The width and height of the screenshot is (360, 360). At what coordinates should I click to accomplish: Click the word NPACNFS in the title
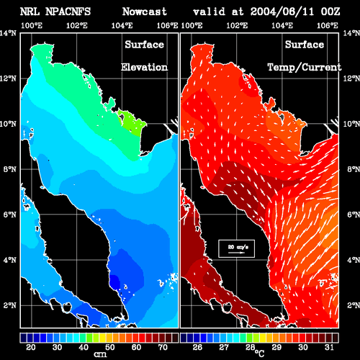(68, 12)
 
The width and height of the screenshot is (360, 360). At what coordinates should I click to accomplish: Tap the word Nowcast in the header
(145, 12)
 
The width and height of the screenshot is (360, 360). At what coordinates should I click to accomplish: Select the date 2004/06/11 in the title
(282, 12)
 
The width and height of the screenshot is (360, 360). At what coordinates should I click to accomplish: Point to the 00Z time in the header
(330, 12)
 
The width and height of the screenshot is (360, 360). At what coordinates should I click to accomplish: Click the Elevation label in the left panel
(144, 67)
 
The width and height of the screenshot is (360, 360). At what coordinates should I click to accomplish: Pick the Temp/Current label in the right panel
(305, 68)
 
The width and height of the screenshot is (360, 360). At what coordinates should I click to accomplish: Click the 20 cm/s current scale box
(236, 248)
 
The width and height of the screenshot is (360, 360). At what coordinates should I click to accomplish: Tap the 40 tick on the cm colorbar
(84, 347)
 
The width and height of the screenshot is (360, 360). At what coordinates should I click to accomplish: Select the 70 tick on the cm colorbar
(163, 347)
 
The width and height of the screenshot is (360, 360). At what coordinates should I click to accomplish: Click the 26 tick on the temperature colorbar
(197, 347)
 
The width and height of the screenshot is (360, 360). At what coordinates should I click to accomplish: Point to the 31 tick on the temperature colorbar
(329, 347)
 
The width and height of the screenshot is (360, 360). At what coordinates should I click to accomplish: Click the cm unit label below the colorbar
(100, 354)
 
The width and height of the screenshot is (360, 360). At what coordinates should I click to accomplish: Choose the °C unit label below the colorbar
(260, 354)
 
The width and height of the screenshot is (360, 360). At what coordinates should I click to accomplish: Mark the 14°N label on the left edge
(8, 33)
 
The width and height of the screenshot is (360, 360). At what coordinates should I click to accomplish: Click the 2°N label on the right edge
(354, 305)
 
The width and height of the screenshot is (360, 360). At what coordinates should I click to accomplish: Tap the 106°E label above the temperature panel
(328, 25)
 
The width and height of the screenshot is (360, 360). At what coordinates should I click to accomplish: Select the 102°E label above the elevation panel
(77, 25)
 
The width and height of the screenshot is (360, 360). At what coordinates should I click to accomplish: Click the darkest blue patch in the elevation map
(114, 282)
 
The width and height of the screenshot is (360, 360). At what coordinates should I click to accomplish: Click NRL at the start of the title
(30, 12)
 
